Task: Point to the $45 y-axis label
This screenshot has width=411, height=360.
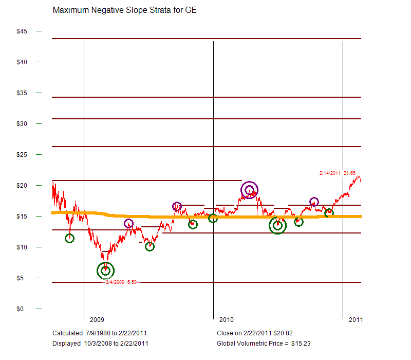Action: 22,31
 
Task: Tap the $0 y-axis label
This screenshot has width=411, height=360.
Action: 20,309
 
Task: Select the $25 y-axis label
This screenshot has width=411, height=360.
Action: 22,155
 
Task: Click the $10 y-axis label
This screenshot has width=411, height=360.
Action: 22,247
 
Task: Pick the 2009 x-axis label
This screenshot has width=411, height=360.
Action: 97,320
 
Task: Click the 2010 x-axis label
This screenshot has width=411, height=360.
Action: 226,320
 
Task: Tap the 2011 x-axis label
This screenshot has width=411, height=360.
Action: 356,320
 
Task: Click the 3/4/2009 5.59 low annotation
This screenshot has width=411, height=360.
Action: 121,282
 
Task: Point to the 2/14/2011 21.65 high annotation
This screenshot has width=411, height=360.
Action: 338,173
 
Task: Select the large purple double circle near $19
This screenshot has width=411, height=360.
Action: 249,190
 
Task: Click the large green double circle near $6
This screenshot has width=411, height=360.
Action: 106,271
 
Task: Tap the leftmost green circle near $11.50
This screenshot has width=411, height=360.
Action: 69,238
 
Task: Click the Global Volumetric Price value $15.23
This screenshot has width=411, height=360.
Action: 301,343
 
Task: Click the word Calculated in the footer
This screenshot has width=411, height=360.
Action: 67,333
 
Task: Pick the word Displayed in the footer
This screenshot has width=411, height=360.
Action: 66,343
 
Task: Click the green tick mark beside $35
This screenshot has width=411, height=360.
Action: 39,93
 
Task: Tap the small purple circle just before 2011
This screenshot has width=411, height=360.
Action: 314,202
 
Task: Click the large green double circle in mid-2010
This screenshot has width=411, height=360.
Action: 277,225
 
